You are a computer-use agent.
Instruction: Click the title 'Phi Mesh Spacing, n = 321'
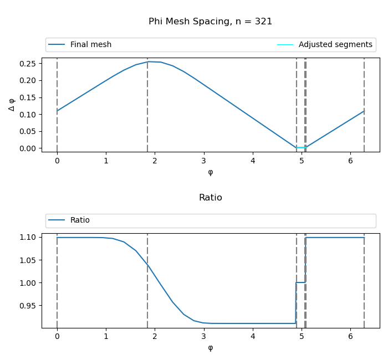(x=210, y=22)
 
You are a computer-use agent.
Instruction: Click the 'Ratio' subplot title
(x=210, y=198)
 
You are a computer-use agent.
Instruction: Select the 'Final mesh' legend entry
(x=90, y=45)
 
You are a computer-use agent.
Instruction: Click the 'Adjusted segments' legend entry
(x=335, y=45)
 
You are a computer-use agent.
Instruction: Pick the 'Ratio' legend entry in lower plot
(x=80, y=220)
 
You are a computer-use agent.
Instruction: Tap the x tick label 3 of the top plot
(x=204, y=161)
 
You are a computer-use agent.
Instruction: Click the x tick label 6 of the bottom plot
(x=350, y=337)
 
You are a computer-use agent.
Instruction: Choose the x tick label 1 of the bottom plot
(x=106, y=337)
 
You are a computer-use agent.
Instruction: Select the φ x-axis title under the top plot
(x=210, y=172)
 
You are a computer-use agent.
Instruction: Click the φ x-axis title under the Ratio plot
(x=210, y=348)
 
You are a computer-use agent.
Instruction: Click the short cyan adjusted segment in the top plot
(x=300, y=148)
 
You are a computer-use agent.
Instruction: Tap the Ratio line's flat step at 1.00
(x=300, y=282)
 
